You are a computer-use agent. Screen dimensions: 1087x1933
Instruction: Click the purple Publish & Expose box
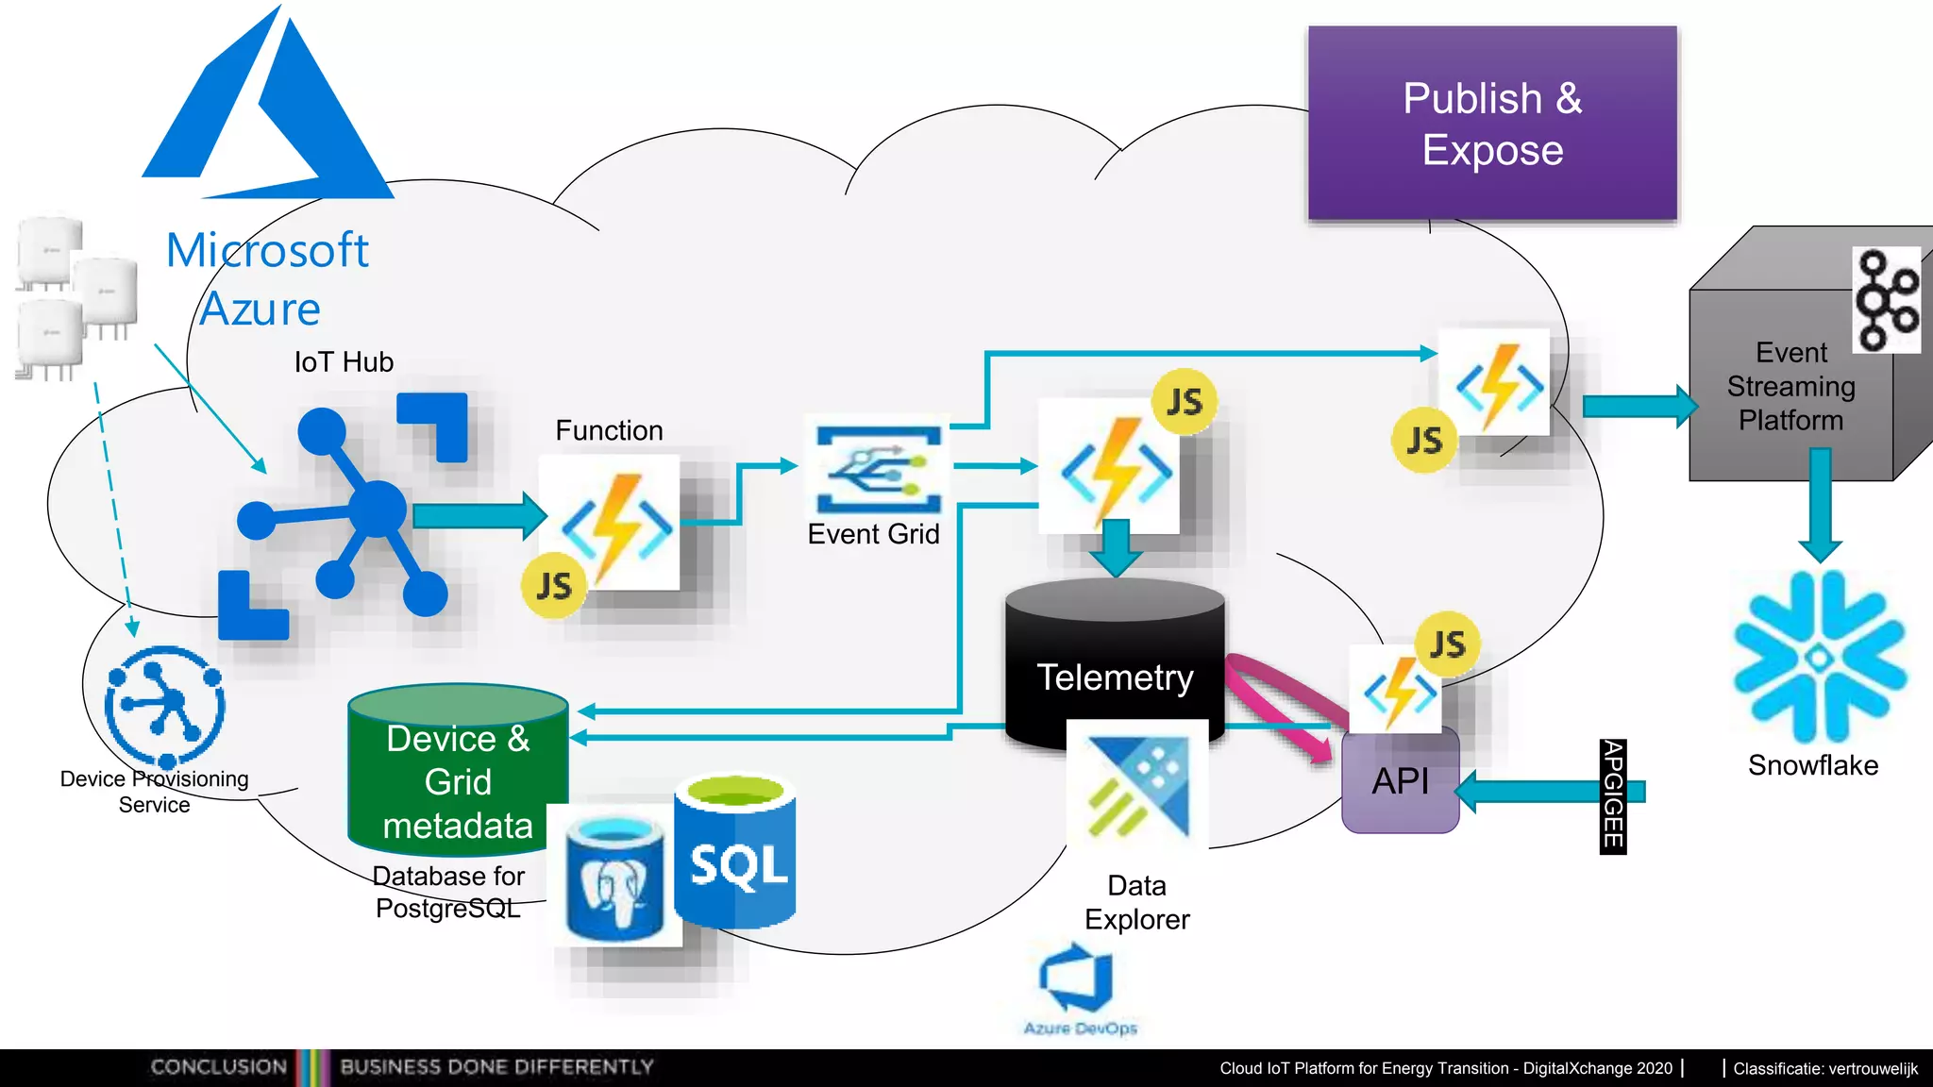pos(1491,124)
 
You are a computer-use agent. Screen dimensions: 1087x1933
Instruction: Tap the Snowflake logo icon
pos(1819,657)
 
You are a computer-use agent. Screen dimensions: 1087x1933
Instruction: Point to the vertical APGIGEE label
pos(1612,795)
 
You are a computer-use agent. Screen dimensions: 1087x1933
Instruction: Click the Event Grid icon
pos(878,469)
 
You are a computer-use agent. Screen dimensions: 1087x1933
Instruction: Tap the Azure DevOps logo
pos(1078,981)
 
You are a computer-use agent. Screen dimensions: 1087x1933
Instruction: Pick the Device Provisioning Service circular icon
pos(165,706)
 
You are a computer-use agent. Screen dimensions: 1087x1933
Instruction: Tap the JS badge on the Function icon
pos(554,586)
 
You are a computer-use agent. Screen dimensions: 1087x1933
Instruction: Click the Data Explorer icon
pos(1136,785)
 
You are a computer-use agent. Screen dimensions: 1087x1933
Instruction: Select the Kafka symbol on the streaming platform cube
pos(1885,300)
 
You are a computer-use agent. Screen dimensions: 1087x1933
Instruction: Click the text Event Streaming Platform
pos(1790,386)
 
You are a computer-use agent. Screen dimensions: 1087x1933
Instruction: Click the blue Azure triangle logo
pos(267,113)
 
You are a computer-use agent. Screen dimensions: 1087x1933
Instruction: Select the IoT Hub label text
pos(344,362)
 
